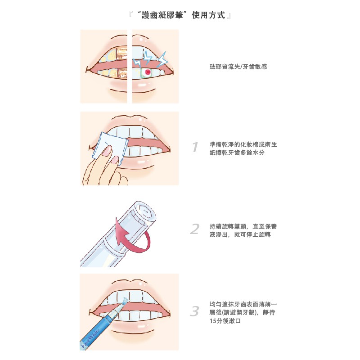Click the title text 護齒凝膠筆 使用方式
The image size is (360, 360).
coord(180,15)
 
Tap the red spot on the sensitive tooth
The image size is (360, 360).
coord(148,72)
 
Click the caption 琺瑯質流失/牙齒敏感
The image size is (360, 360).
coord(238,67)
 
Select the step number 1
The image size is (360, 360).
coord(195,147)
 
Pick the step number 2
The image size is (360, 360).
coord(195,229)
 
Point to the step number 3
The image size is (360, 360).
coord(195,311)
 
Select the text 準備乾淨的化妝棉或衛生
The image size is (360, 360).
coord(243,144)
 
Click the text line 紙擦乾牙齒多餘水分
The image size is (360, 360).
coord(237,153)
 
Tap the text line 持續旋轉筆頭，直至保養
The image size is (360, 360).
coord(243,226)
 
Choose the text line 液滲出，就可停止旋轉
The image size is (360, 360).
coord(240,234)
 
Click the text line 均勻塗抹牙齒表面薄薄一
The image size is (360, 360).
coord(243,304)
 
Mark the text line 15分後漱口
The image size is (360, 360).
coord(225,321)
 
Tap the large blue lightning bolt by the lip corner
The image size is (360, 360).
coord(163,59)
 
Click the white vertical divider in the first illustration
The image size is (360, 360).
coord(130,66)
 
